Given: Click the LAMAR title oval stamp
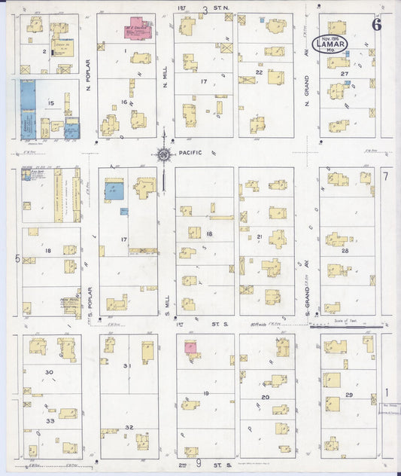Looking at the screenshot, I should (x=331, y=44).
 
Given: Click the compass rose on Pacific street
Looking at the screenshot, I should (x=163, y=154).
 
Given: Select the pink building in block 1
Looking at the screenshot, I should (x=138, y=28).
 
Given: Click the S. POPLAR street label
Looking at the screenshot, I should (x=89, y=286).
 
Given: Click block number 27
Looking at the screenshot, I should (x=344, y=74).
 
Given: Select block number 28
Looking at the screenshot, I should (x=344, y=249).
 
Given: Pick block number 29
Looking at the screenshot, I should (x=348, y=395).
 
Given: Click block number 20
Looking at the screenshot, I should (x=265, y=396).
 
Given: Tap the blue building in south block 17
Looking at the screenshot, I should (x=116, y=191).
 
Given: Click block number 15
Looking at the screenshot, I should (x=50, y=102).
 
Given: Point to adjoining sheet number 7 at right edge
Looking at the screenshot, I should (x=386, y=176).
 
